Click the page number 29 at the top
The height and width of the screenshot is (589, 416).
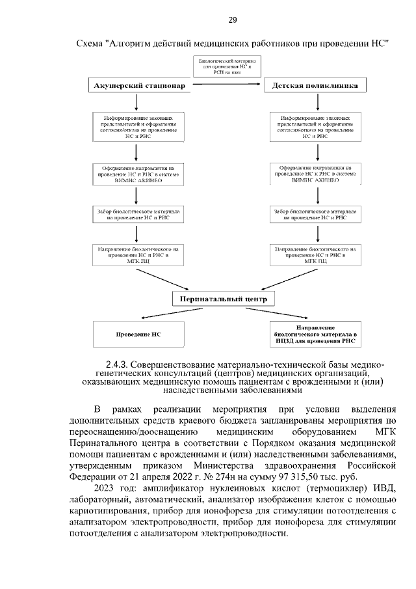pyautogui.click(x=232, y=21)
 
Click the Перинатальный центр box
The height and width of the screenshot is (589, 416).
pyautogui.click(x=224, y=299)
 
